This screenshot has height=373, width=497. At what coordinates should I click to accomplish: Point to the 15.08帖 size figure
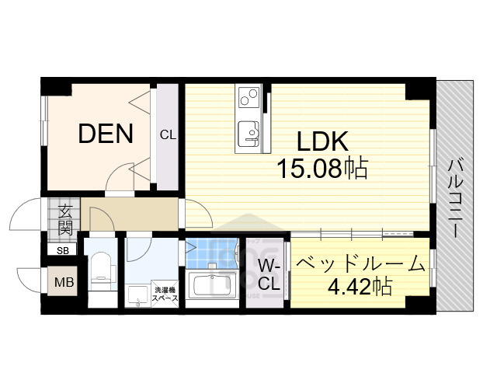coord(323,168)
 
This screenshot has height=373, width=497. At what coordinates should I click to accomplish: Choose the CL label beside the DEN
coord(168,134)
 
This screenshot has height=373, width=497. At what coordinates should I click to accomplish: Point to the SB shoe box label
coord(62,250)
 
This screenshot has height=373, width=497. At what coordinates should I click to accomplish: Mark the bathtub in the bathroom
coord(212,284)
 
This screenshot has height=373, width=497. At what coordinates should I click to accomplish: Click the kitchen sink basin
coord(249,132)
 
